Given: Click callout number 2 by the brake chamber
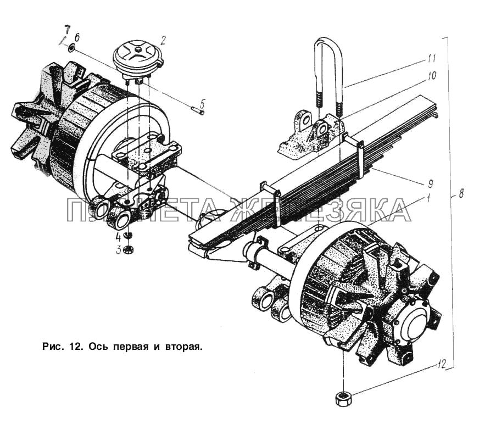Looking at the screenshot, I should (x=163, y=40).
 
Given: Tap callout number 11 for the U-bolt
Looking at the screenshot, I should (x=432, y=57).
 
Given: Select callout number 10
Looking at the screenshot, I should (x=432, y=76).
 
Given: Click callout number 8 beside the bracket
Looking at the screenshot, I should (x=460, y=193).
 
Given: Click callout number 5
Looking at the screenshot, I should (x=202, y=102).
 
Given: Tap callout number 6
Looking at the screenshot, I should (x=77, y=37).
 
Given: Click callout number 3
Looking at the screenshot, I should (x=118, y=250).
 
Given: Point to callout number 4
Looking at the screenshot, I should (x=118, y=237).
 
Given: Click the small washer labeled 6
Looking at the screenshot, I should (x=72, y=48).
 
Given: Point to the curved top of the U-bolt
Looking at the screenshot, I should (x=328, y=42).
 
